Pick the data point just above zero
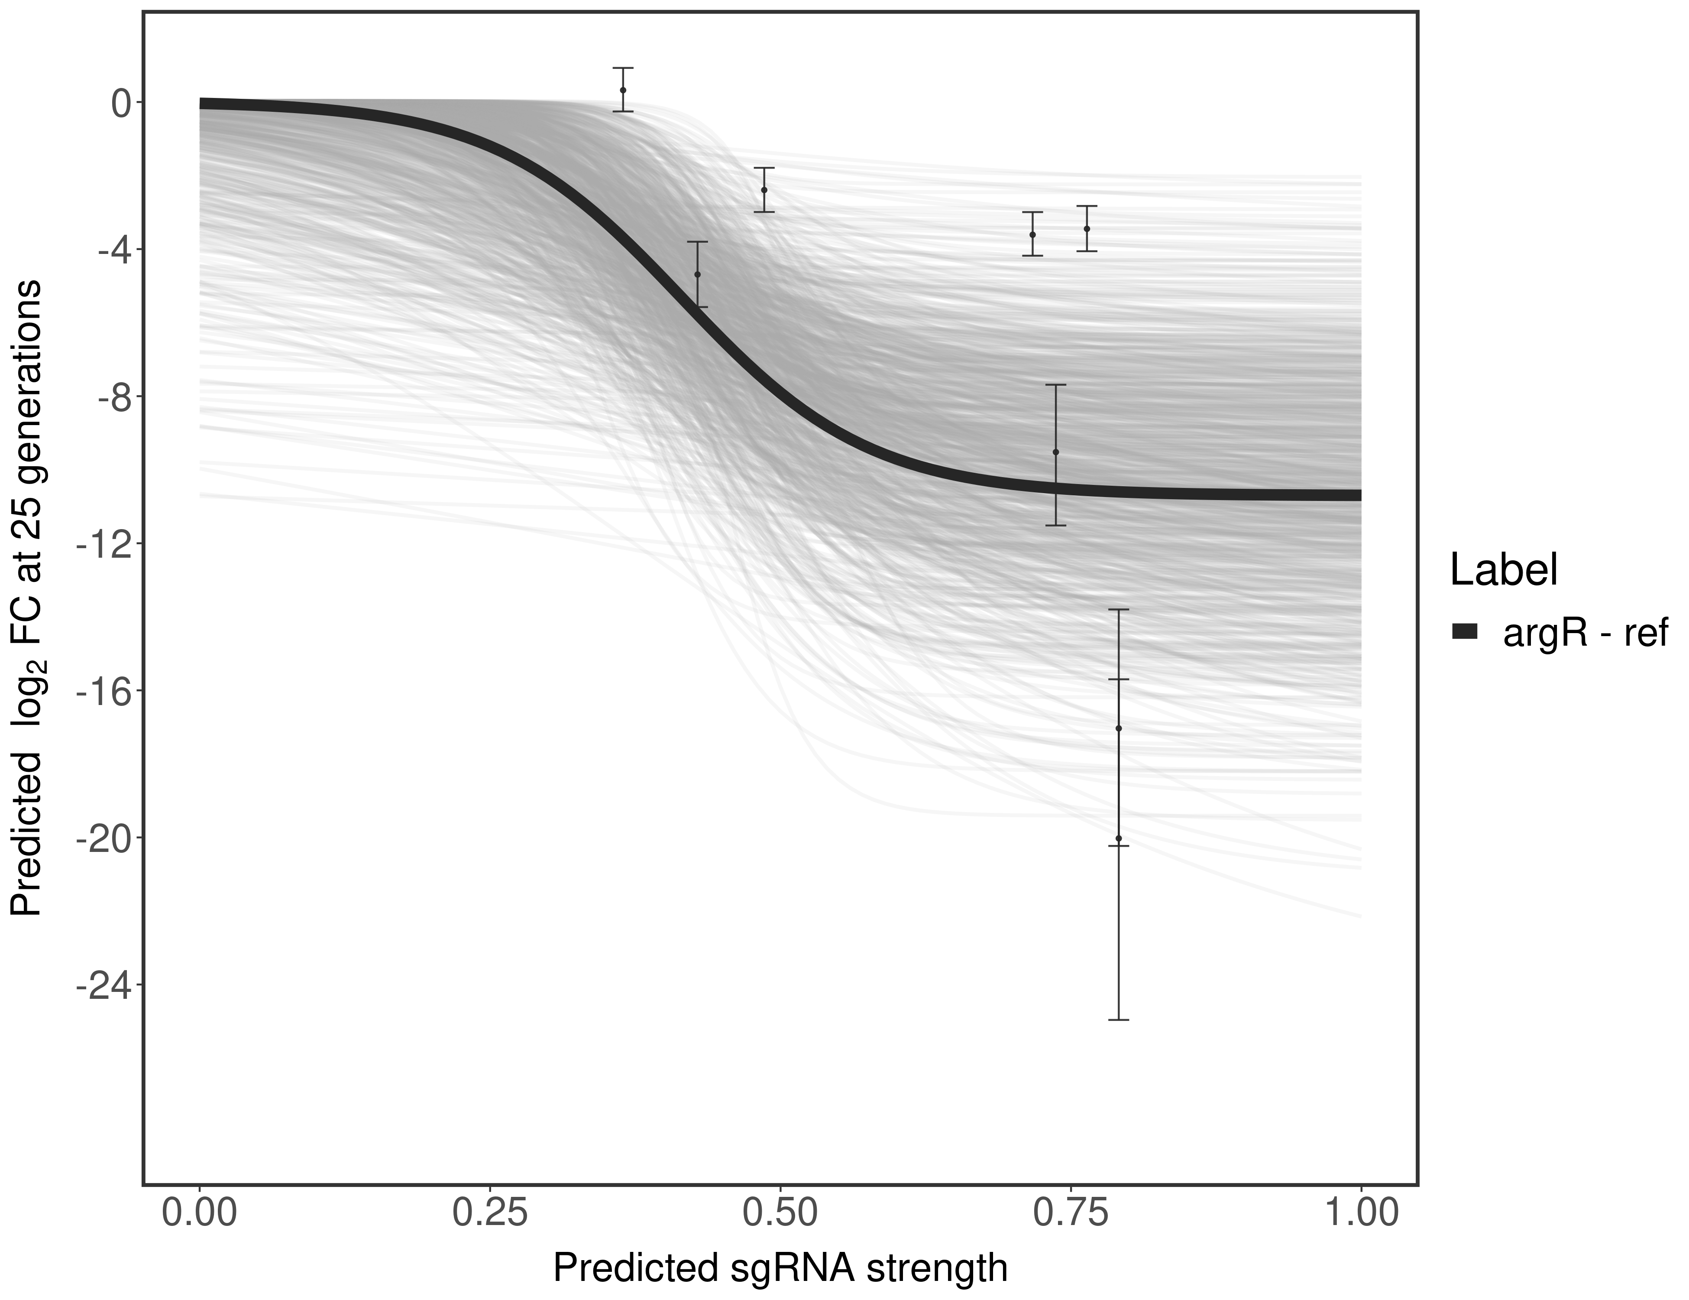click(x=623, y=91)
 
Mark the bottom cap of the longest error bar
click(x=1118, y=1020)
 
